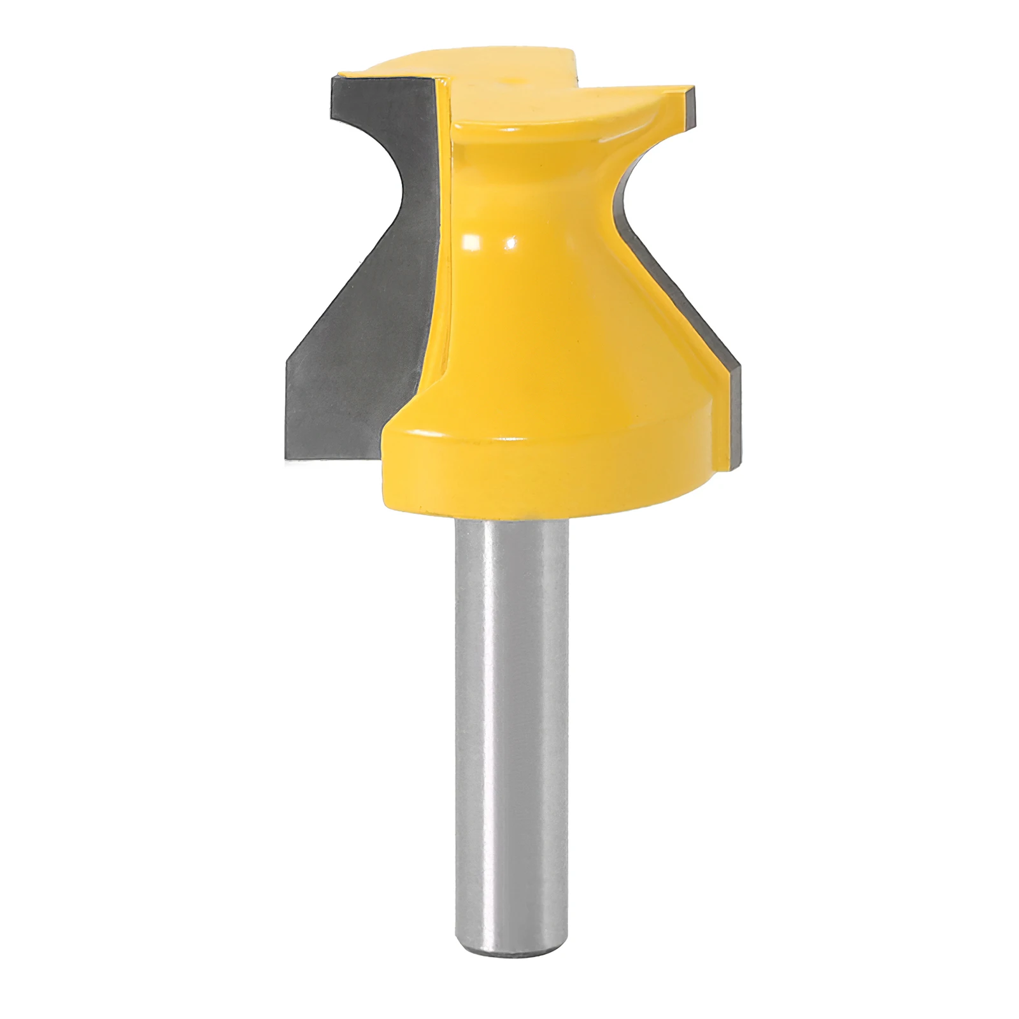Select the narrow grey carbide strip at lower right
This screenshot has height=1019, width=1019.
tap(732, 414)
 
